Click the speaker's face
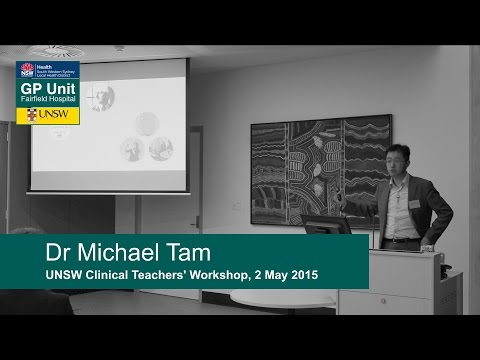(x=397, y=164)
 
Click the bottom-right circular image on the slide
(x=160, y=148)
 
